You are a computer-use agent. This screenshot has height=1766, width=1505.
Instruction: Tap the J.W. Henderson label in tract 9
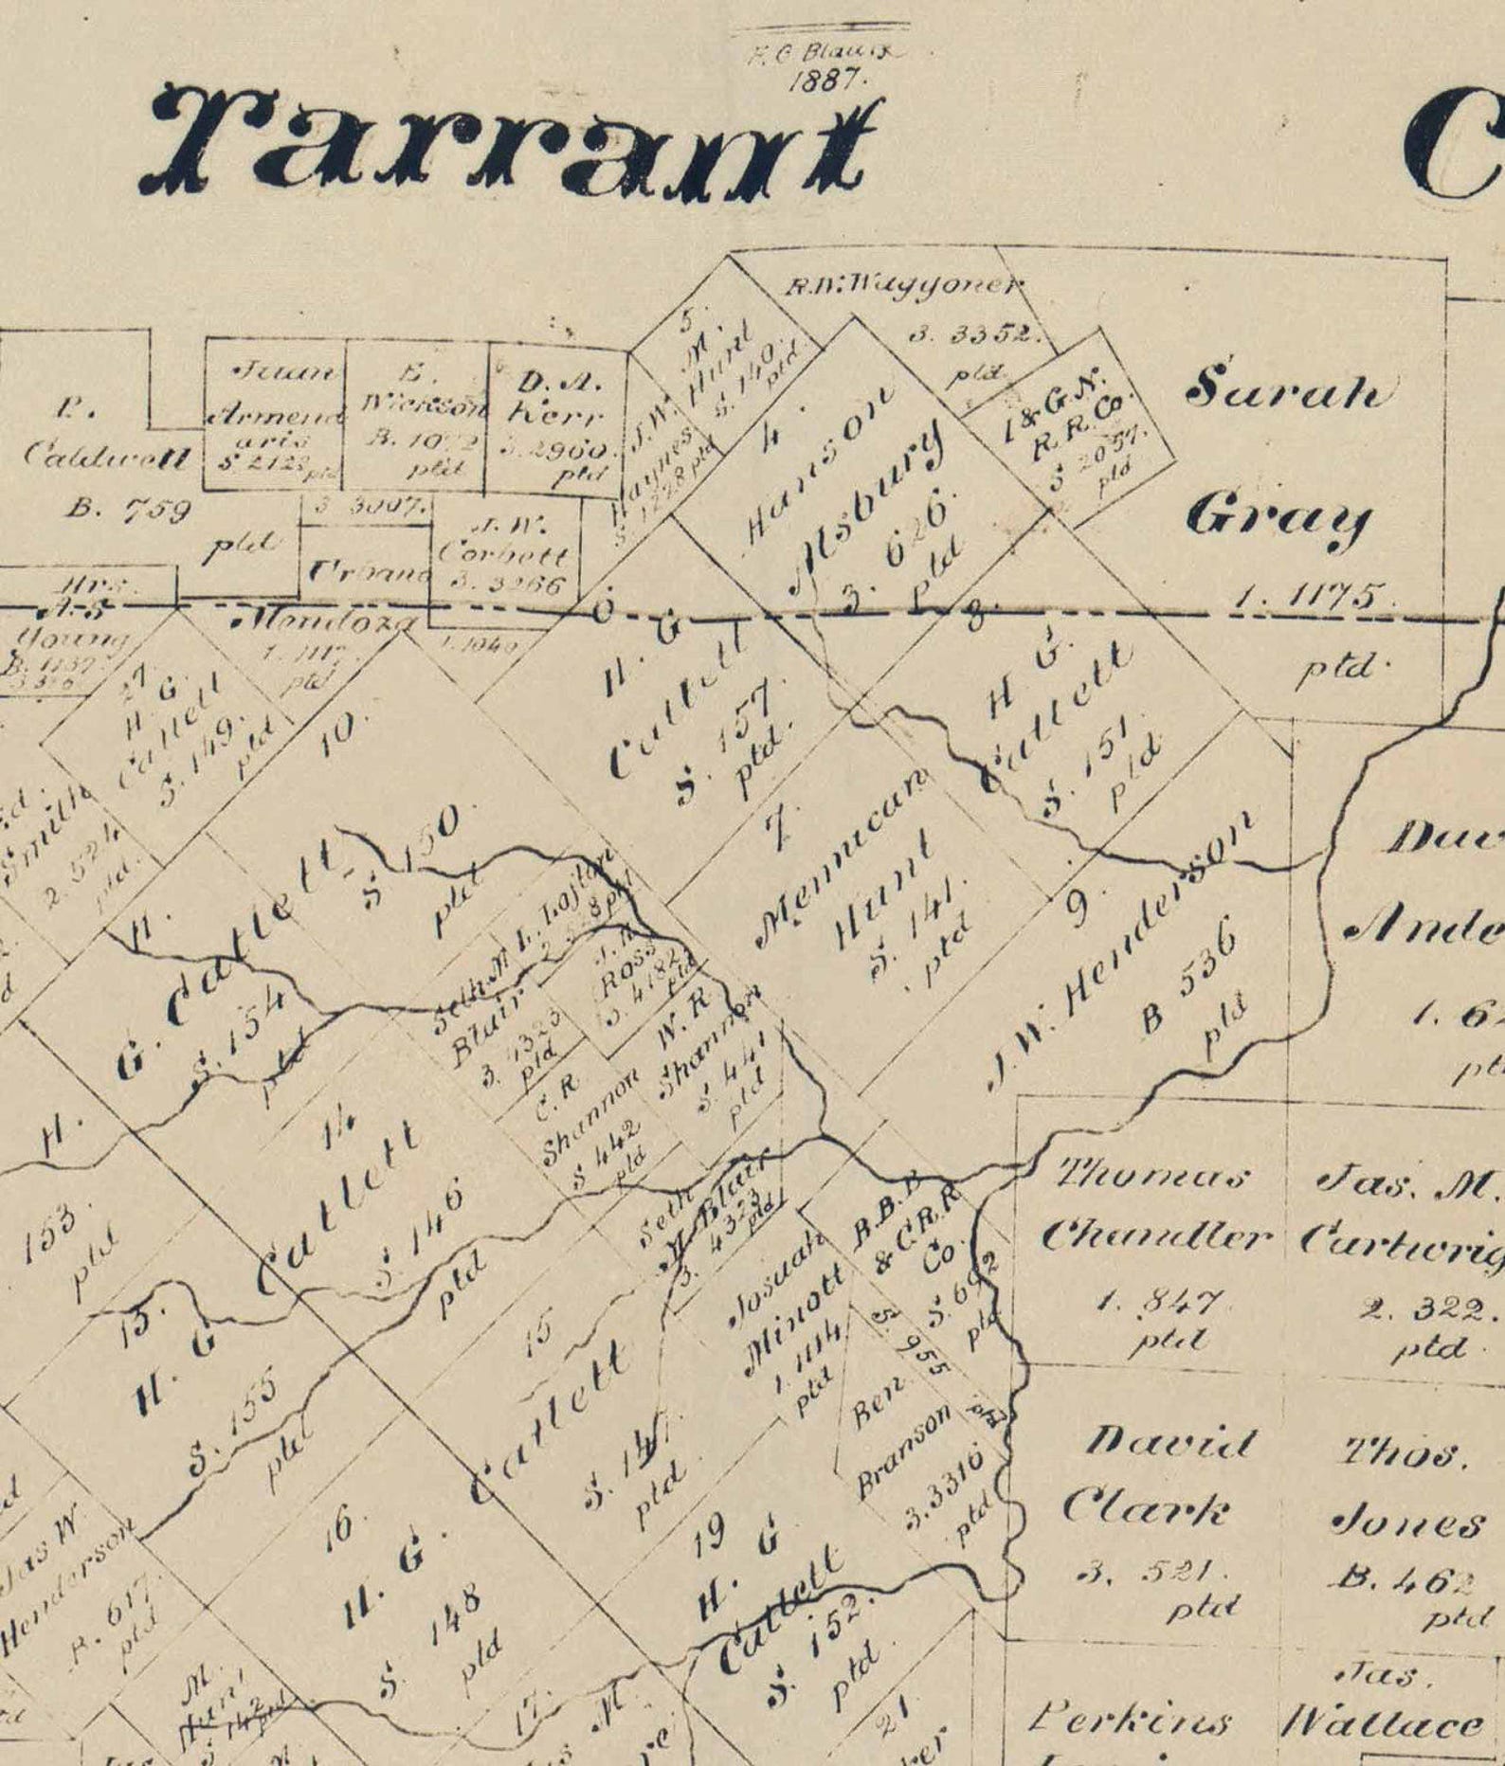pyautogui.click(x=1118, y=950)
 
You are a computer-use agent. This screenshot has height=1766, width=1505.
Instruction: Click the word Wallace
pyautogui.click(x=1382, y=1721)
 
